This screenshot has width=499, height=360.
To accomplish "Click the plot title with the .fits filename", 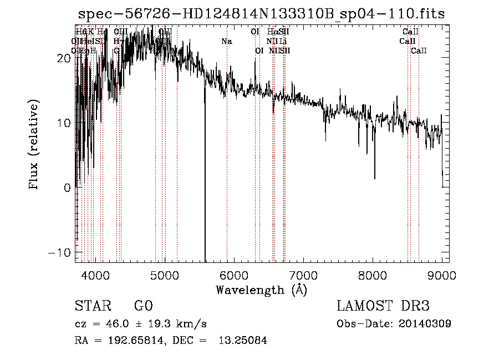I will click(x=261, y=14).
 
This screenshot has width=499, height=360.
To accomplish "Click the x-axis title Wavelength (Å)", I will click(x=261, y=290).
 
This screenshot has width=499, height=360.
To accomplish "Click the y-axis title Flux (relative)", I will click(x=34, y=145).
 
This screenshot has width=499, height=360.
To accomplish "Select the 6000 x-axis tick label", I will click(x=234, y=275).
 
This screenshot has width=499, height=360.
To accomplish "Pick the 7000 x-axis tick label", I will click(x=303, y=275).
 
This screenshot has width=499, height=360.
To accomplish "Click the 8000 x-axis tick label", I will click(x=373, y=275).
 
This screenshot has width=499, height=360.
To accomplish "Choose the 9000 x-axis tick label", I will click(x=442, y=275).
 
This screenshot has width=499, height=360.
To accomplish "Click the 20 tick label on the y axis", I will click(x=64, y=58).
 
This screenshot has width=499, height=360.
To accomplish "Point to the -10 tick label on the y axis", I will click(x=60, y=252).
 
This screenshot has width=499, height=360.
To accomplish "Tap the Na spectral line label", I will click(x=226, y=41).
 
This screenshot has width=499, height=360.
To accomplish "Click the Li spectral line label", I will click(x=283, y=41).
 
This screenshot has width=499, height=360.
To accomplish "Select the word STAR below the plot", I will click(x=92, y=306).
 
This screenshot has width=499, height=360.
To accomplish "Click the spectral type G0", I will click(x=143, y=306).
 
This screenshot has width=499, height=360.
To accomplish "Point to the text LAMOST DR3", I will click(x=383, y=306).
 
